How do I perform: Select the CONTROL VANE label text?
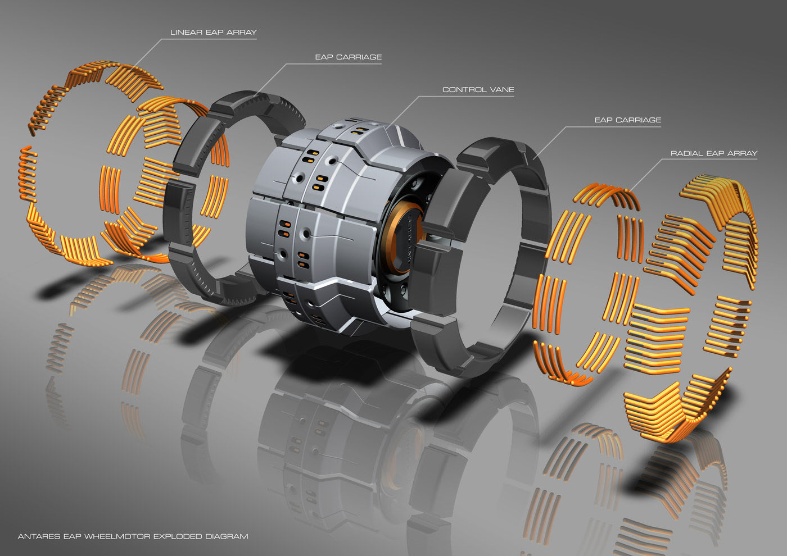pos(478,89)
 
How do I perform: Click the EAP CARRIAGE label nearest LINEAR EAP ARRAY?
pos(348,57)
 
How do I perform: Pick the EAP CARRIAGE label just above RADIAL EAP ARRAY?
pos(627,120)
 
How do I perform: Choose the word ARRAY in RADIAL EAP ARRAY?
pos(742,153)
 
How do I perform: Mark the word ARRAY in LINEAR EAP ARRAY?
pos(242,33)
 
